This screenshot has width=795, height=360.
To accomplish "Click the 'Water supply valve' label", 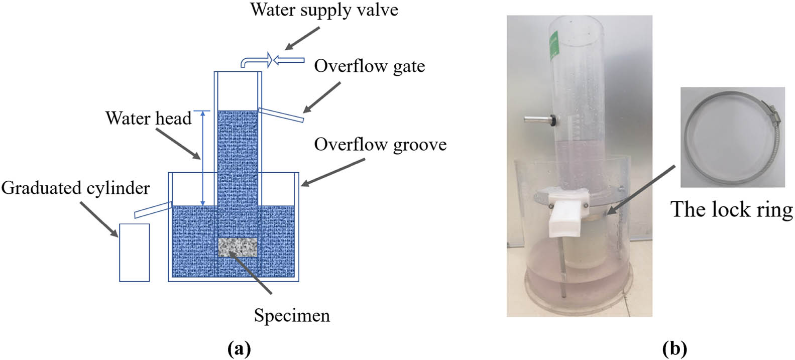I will pyautogui.click(x=324, y=10).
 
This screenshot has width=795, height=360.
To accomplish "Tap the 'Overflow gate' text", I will pyautogui.click(x=369, y=66).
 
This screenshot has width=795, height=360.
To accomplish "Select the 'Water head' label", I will pyautogui.click(x=148, y=118).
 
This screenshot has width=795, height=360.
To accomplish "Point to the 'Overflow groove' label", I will pyautogui.click(x=380, y=144).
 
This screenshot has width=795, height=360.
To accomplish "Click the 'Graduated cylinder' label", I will pyautogui.click(x=75, y=188).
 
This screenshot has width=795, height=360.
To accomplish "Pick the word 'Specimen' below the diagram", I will pyautogui.click(x=292, y=315).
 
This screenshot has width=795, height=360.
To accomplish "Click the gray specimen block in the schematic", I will pyautogui.click(x=238, y=248).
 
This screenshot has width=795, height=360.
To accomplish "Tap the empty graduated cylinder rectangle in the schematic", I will pyautogui.click(x=134, y=252).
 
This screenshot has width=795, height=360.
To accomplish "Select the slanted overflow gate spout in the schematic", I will pyautogui.click(x=281, y=114).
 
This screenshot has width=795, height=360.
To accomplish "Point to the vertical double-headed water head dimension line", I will pyautogui.click(x=202, y=158).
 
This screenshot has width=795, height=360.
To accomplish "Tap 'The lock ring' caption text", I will pyautogui.click(x=731, y=209).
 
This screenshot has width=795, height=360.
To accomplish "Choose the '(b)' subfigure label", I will pyautogui.click(x=674, y=348).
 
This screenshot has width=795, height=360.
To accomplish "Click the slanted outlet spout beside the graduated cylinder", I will pyautogui.click(x=153, y=209).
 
